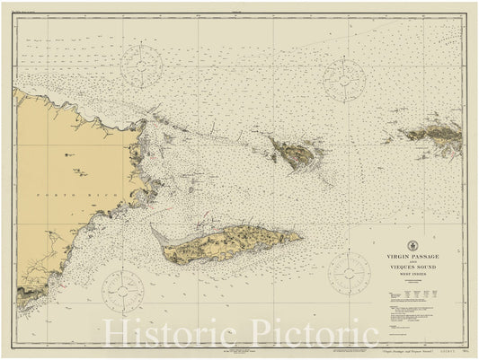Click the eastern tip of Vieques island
[x=299, y=237]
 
